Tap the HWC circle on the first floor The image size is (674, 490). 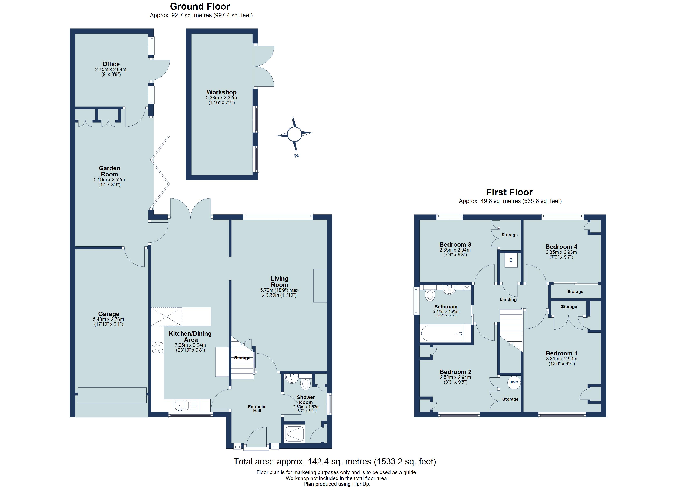[x=513, y=382]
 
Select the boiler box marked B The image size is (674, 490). [x=511, y=260]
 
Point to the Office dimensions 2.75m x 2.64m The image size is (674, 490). [x=110, y=70]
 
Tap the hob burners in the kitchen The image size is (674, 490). [x=157, y=347]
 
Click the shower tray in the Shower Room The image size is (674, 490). [x=295, y=434]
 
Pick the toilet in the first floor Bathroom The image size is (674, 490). [x=430, y=295]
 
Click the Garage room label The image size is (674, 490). [x=109, y=314]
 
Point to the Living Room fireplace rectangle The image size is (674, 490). [x=320, y=286]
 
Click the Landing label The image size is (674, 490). [x=508, y=300]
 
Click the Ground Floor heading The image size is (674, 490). [x=200, y=6]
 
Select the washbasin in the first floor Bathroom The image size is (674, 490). [x=449, y=290]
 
